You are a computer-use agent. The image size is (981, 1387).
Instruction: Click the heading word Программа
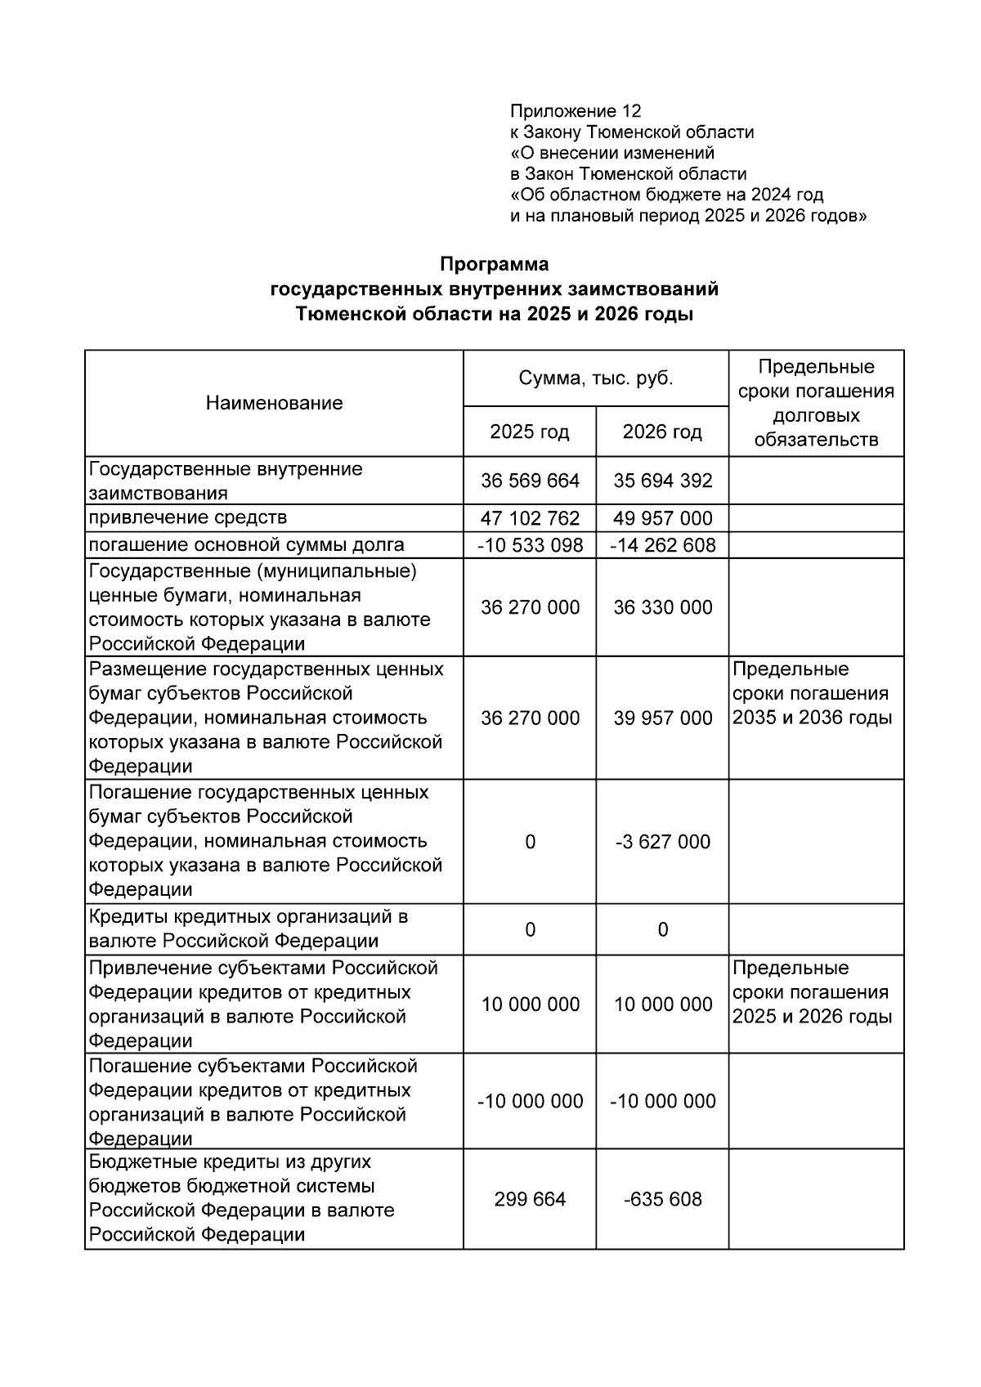(x=494, y=265)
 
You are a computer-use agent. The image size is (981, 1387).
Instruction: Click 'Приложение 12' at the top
(x=576, y=111)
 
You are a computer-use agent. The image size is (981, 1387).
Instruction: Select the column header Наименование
(x=274, y=403)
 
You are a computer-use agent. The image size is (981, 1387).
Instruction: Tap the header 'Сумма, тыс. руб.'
(x=595, y=378)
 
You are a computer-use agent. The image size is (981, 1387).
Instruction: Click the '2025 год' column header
(x=529, y=432)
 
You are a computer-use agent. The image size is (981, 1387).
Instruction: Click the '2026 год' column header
(x=662, y=432)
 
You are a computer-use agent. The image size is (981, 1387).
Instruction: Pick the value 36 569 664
(x=530, y=481)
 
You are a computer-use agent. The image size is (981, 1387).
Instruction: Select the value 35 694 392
(x=662, y=481)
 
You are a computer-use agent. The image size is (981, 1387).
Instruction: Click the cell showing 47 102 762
(x=530, y=518)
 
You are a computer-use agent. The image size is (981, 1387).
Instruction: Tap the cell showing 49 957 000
(x=662, y=518)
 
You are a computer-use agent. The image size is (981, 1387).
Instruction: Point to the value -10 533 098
(x=530, y=545)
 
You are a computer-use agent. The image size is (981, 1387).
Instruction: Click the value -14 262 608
(x=662, y=545)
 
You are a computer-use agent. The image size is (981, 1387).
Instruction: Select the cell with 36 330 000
(x=662, y=607)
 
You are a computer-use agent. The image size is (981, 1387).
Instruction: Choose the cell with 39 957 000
(x=662, y=718)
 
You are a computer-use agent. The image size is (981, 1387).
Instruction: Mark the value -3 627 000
(x=662, y=842)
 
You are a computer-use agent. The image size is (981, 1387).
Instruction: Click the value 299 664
(x=530, y=1199)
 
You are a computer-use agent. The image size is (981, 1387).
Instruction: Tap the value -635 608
(x=662, y=1199)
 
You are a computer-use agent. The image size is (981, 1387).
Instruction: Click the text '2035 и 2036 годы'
(x=812, y=718)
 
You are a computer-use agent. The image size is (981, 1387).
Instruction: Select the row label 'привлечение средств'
(x=188, y=517)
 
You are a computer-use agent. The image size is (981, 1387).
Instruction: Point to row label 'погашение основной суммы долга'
(x=246, y=544)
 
